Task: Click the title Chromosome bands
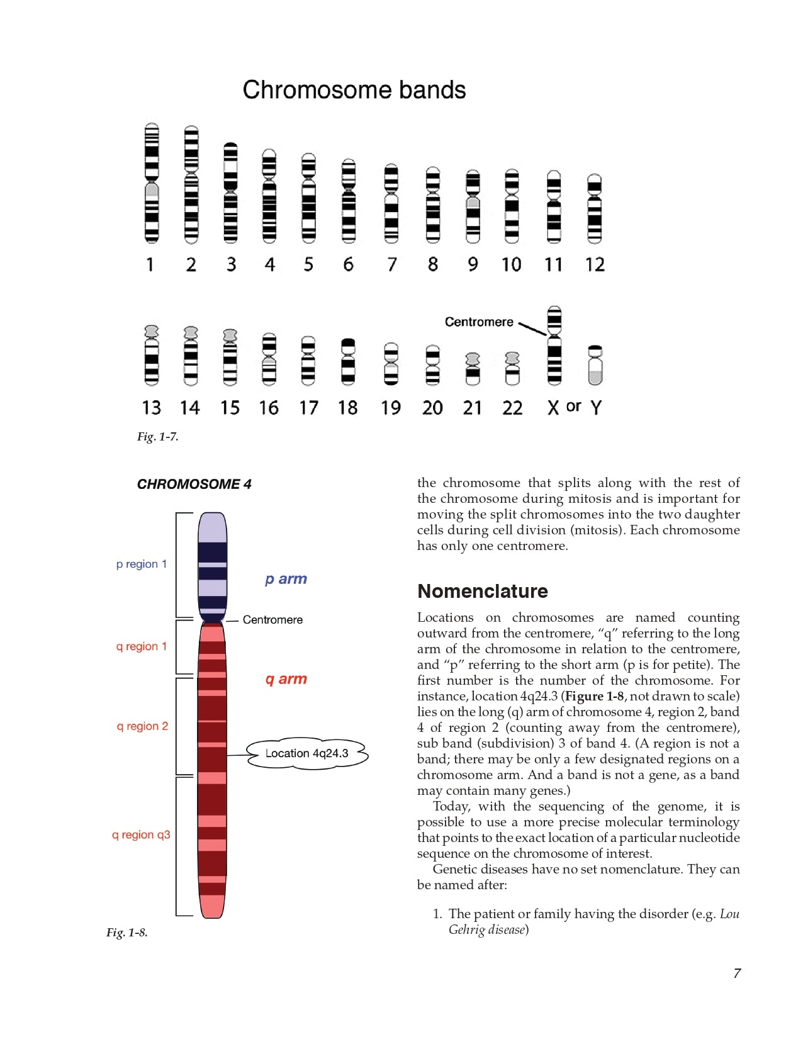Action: click(x=354, y=90)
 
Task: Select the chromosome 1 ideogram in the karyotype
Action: click(x=151, y=183)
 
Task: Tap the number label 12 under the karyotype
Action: click(x=595, y=264)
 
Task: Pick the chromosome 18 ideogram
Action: click(x=347, y=361)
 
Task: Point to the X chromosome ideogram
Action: click(x=554, y=346)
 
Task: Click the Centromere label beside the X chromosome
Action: click(x=479, y=322)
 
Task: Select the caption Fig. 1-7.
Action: click(x=157, y=437)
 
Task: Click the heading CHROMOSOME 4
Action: click(x=194, y=484)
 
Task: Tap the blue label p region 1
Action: click(x=142, y=564)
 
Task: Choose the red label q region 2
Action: click(x=142, y=726)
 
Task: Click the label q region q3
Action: click(x=141, y=834)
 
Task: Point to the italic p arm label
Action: click(x=286, y=579)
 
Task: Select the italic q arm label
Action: click(x=286, y=679)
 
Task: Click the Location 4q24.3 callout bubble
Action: click(x=306, y=753)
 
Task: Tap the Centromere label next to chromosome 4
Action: click(x=272, y=620)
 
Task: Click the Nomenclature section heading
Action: click(x=483, y=591)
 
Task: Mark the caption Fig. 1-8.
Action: click(x=126, y=933)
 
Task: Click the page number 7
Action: click(x=737, y=974)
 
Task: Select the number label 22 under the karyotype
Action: click(x=512, y=408)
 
